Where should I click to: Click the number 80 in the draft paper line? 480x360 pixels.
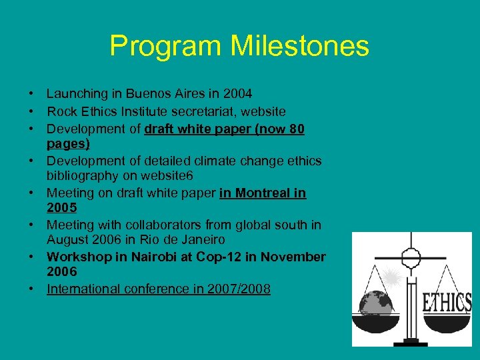pos(297,128)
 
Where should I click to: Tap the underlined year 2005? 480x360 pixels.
pos(62,209)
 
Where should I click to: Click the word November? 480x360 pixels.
pos(293,257)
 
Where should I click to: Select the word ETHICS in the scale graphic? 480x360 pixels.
pos(447,303)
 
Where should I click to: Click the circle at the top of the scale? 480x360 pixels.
pos(412,257)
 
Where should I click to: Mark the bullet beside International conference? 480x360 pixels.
pos(31,289)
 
